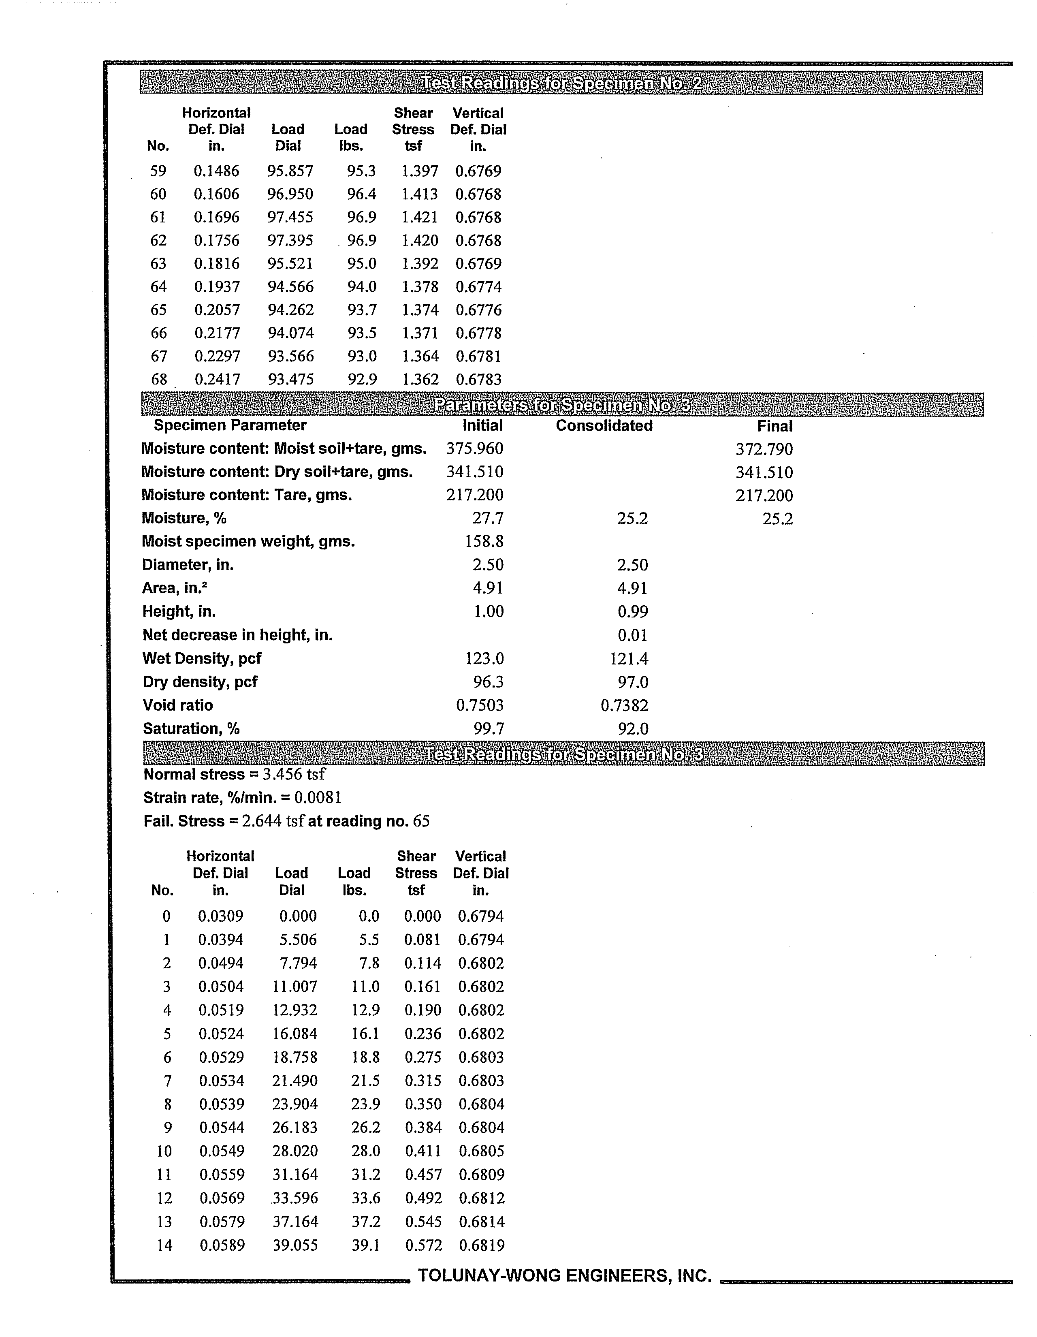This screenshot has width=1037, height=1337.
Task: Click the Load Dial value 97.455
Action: pyautogui.click(x=290, y=217)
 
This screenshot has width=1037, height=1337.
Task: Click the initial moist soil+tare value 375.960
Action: pyautogui.click(x=474, y=449)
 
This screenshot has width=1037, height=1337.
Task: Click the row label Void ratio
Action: pyautogui.click(x=177, y=705)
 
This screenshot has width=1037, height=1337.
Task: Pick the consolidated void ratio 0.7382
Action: pyautogui.click(x=624, y=706)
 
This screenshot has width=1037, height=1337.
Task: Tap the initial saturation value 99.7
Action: pyautogui.click(x=488, y=728)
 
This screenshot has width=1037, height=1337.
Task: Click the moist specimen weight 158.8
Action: pyautogui.click(x=484, y=541)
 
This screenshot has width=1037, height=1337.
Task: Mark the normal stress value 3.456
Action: pyautogui.click(x=283, y=774)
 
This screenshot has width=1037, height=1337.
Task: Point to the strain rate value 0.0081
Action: pyautogui.click(x=318, y=798)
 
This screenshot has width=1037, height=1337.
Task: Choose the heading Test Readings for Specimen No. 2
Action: pyautogui.click(x=561, y=83)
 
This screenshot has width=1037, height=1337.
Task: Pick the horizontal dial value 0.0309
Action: pyautogui.click(x=220, y=916)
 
